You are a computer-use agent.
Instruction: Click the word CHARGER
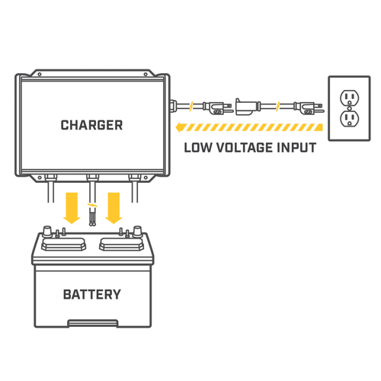click(91, 125)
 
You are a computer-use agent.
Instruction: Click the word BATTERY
click(91, 294)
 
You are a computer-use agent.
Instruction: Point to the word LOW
click(197, 148)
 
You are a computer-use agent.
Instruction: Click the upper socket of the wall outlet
click(350, 98)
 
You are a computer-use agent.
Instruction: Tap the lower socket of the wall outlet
click(350, 119)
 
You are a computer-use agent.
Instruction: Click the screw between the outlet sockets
click(350, 108)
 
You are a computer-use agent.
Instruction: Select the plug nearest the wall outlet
click(309, 107)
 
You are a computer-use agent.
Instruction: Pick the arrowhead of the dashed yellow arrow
click(180, 127)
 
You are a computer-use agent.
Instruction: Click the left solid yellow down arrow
click(72, 208)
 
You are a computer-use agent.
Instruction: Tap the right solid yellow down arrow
click(114, 208)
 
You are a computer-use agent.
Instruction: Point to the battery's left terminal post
click(47, 231)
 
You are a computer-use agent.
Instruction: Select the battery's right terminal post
click(137, 231)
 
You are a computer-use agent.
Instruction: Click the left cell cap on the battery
click(63, 244)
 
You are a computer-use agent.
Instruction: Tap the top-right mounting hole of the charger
click(146, 74)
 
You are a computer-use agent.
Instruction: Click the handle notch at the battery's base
click(93, 323)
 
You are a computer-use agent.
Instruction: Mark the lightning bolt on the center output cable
click(92, 205)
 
